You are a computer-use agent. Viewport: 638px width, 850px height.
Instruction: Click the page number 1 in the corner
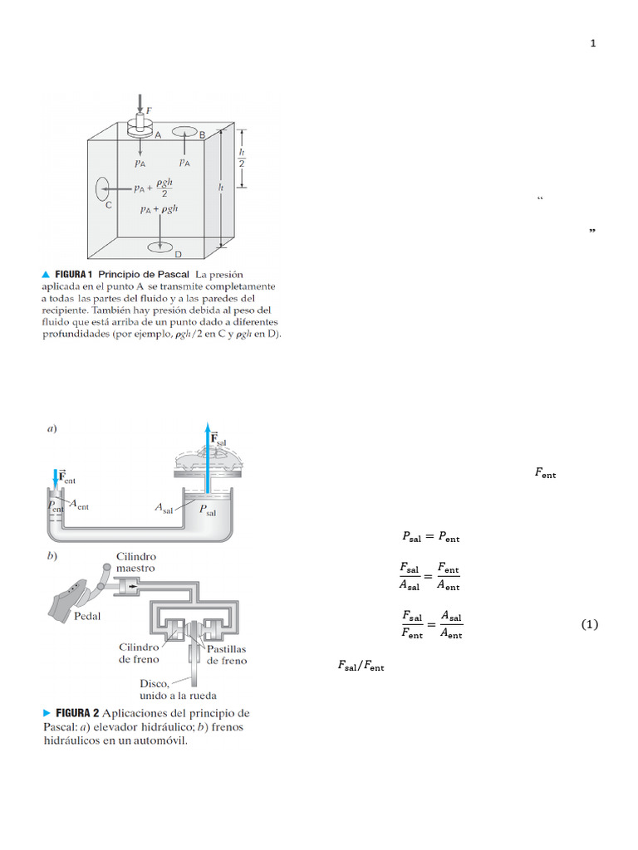(x=592, y=44)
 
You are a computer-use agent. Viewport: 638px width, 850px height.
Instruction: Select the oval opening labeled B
(x=185, y=133)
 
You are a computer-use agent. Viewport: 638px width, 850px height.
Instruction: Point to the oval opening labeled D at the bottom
(x=159, y=247)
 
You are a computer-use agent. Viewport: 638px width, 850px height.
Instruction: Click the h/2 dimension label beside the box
(x=242, y=158)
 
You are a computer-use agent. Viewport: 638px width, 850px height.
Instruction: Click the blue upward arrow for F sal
(x=207, y=461)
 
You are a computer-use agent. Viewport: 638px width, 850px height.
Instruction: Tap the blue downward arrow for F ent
(x=56, y=478)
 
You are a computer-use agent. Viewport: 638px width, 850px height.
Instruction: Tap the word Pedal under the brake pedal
(x=88, y=617)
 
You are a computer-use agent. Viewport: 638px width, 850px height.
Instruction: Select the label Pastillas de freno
(x=226, y=655)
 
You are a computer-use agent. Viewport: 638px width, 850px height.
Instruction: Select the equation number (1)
(x=589, y=624)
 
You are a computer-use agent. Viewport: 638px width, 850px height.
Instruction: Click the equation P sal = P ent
(x=430, y=537)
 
